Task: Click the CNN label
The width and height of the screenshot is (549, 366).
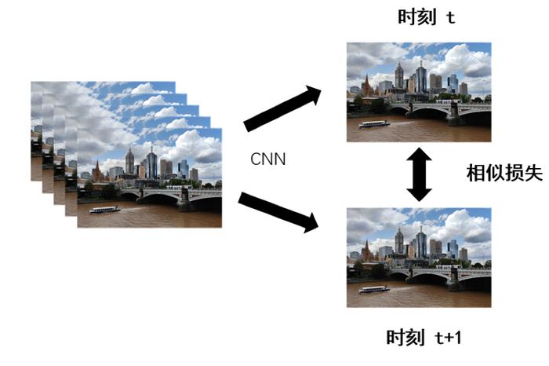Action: (x=268, y=159)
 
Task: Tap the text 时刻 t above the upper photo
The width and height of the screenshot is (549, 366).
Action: (x=427, y=16)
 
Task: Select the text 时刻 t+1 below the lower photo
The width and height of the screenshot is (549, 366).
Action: (x=424, y=337)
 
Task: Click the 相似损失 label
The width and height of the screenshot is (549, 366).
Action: (x=504, y=173)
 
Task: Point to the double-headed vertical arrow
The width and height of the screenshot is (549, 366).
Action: (x=419, y=174)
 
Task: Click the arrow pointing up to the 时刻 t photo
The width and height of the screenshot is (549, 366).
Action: (x=282, y=108)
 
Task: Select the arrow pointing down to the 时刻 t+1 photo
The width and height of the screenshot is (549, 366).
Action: (x=278, y=212)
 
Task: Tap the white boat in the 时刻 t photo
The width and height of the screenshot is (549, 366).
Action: (x=374, y=124)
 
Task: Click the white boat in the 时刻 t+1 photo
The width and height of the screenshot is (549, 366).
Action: (x=374, y=290)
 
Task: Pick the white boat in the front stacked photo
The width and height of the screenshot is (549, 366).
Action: (x=104, y=210)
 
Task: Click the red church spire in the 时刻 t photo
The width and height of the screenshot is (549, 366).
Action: (x=366, y=85)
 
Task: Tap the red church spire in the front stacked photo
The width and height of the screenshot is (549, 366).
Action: (x=97, y=170)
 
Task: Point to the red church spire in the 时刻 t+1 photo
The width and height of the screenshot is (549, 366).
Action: (x=366, y=251)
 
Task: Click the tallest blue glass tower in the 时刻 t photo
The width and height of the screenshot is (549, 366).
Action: (x=421, y=78)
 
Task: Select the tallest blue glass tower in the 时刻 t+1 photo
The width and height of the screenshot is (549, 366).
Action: (x=421, y=243)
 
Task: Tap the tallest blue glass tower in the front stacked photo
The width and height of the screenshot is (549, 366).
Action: (x=151, y=163)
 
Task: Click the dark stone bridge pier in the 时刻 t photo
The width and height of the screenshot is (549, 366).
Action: (x=453, y=114)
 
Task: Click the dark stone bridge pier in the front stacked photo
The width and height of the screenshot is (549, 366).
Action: (x=184, y=199)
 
